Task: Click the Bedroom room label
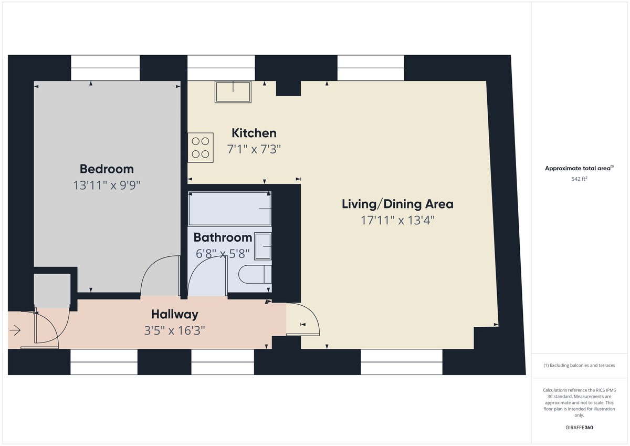click(x=107, y=169)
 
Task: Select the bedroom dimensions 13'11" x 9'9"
click(x=107, y=185)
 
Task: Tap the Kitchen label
click(x=254, y=133)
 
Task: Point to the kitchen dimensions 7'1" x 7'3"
click(x=254, y=149)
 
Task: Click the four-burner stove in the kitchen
click(x=201, y=147)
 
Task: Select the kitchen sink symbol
click(x=233, y=92)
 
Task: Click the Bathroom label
click(x=223, y=237)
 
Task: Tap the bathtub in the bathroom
click(x=230, y=209)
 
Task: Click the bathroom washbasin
click(x=263, y=246)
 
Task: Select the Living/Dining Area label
click(x=397, y=204)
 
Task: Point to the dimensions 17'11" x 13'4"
click(x=397, y=220)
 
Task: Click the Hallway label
click(x=175, y=314)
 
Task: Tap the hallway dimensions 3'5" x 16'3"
click(x=175, y=330)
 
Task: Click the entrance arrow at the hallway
click(x=15, y=330)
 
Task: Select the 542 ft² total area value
click(x=579, y=179)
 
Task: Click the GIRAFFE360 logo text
click(x=579, y=428)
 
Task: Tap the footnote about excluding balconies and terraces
click(x=579, y=365)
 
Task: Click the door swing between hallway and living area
click(x=304, y=318)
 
